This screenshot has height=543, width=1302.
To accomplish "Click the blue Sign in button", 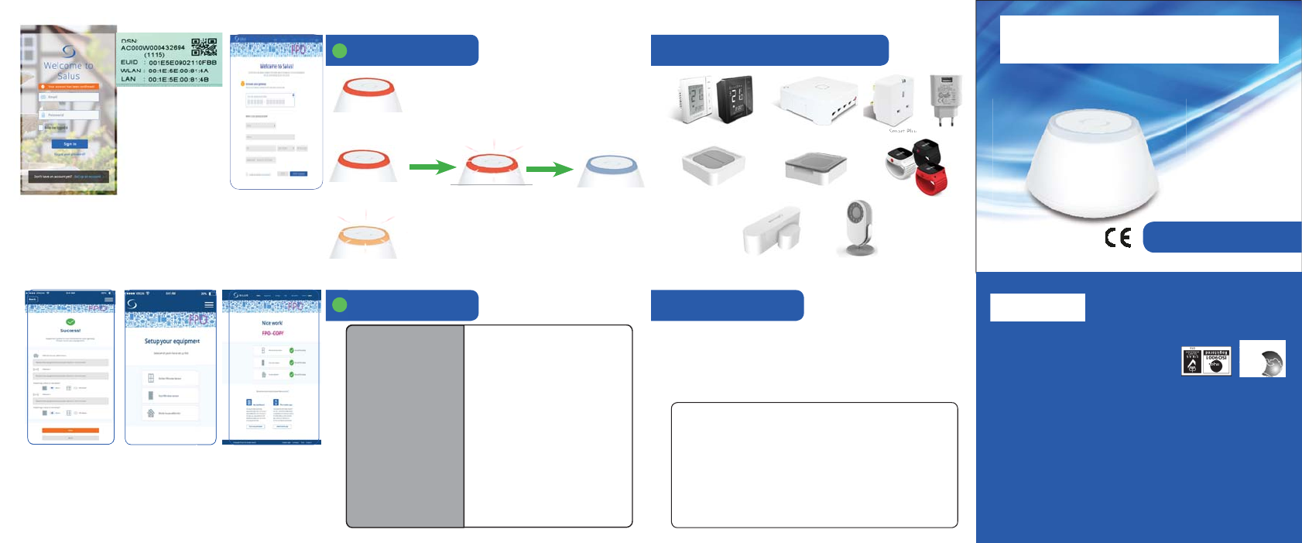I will [x=70, y=144].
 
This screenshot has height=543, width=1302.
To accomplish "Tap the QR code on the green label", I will [x=204, y=47].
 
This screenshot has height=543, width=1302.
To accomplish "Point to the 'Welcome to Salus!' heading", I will [x=276, y=67].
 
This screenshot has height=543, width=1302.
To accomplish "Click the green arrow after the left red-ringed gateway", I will [x=431, y=166].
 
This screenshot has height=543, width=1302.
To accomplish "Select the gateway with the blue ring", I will [x=611, y=170].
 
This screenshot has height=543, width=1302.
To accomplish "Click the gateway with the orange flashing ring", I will [x=363, y=237].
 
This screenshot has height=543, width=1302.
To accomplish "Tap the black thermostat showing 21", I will [x=733, y=98].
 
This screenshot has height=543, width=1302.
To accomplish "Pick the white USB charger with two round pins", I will [x=945, y=99].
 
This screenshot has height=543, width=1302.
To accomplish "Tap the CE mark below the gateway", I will [x=1118, y=237].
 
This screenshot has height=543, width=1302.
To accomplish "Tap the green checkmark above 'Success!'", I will [x=70, y=321].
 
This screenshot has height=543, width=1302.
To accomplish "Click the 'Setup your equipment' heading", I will [x=172, y=341].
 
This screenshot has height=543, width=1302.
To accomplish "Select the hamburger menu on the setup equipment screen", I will [x=208, y=304].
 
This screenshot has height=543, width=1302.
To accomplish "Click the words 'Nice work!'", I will [x=272, y=323].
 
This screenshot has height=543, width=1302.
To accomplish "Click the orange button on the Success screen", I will [x=70, y=430].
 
